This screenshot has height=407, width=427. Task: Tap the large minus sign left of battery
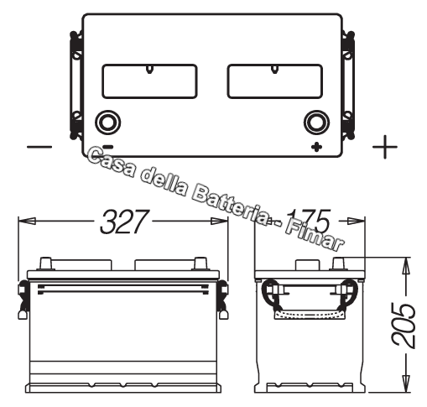pyautogui.click(x=39, y=148)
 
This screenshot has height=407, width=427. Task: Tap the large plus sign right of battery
pyautogui.click(x=384, y=148)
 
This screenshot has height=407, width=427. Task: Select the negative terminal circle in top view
pyautogui.click(x=108, y=123)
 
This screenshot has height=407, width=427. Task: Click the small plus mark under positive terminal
pyautogui.click(x=316, y=148)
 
